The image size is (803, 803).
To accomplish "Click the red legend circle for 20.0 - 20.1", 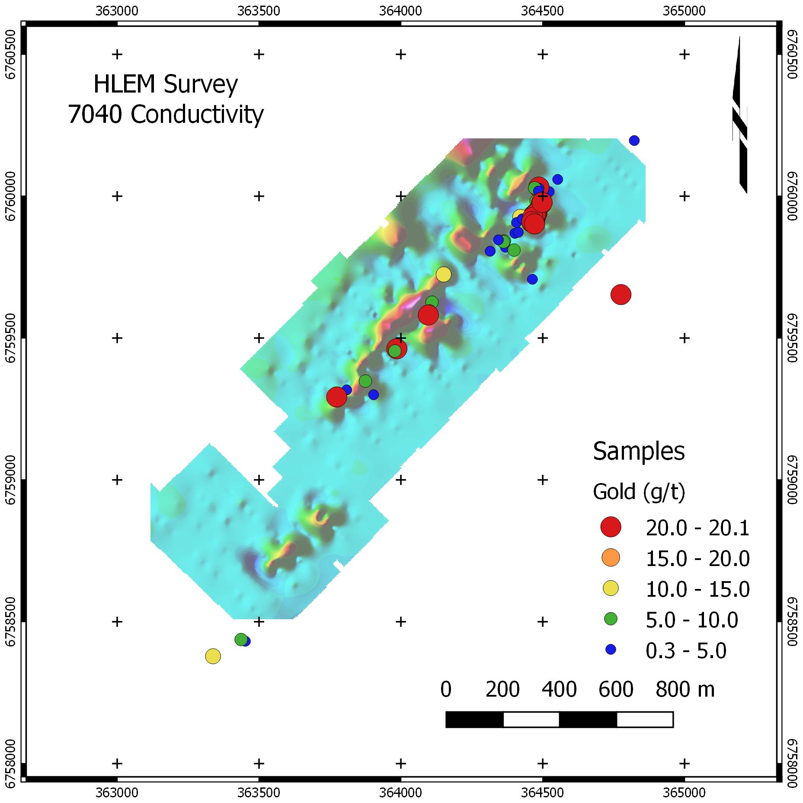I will (611, 527).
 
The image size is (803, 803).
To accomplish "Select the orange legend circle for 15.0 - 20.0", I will (611, 558).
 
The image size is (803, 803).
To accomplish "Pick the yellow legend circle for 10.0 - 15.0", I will (611, 589).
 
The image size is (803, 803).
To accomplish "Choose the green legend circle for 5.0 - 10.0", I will (611, 619).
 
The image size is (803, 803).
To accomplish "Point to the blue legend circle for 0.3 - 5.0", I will (611, 649).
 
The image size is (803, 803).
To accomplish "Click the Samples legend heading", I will (639, 452).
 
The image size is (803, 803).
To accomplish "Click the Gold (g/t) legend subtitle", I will (639, 492).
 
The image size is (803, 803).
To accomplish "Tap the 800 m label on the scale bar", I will (685, 690).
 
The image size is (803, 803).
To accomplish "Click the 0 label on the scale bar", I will (446, 690).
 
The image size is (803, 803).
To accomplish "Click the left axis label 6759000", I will (11, 479).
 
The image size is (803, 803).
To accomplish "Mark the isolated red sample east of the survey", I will (621, 294).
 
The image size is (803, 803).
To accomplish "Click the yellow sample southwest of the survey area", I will (213, 656).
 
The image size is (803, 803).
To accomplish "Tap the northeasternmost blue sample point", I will (634, 140).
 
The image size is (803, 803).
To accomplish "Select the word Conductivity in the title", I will (197, 115).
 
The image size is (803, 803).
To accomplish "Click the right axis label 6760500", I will (792, 54).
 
